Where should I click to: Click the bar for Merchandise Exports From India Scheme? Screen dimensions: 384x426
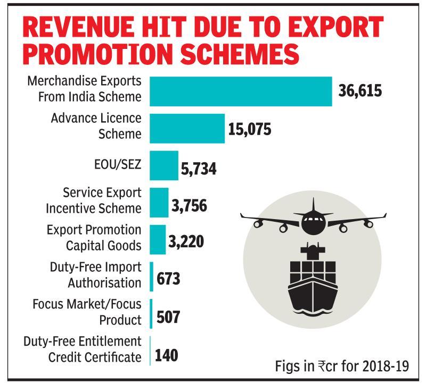pyautogui.click(x=240, y=91)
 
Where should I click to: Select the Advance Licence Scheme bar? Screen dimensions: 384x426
pyautogui.click(x=187, y=128)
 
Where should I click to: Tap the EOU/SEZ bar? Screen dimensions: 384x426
pyautogui.click(x=163, y=165)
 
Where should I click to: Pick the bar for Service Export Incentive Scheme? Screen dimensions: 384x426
pyautogui.click(x=159, y=203)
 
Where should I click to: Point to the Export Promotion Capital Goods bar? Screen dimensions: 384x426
pyautogui.click(x=158, y=239)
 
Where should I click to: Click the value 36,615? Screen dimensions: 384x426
pyautogui.click(x=361, y=91)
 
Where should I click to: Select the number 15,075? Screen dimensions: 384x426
pyautogui.click(x=250, y=129)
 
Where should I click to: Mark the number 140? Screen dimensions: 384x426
pyautogui.click(x=167, y=354)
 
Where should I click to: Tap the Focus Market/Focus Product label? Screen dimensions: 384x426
pyautogui.click(x=87, y=312)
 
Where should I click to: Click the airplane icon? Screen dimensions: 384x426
pyautogui.click(x=313, y=219)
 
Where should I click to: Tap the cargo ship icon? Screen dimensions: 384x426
pyautogui.click(x=313, y=280)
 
